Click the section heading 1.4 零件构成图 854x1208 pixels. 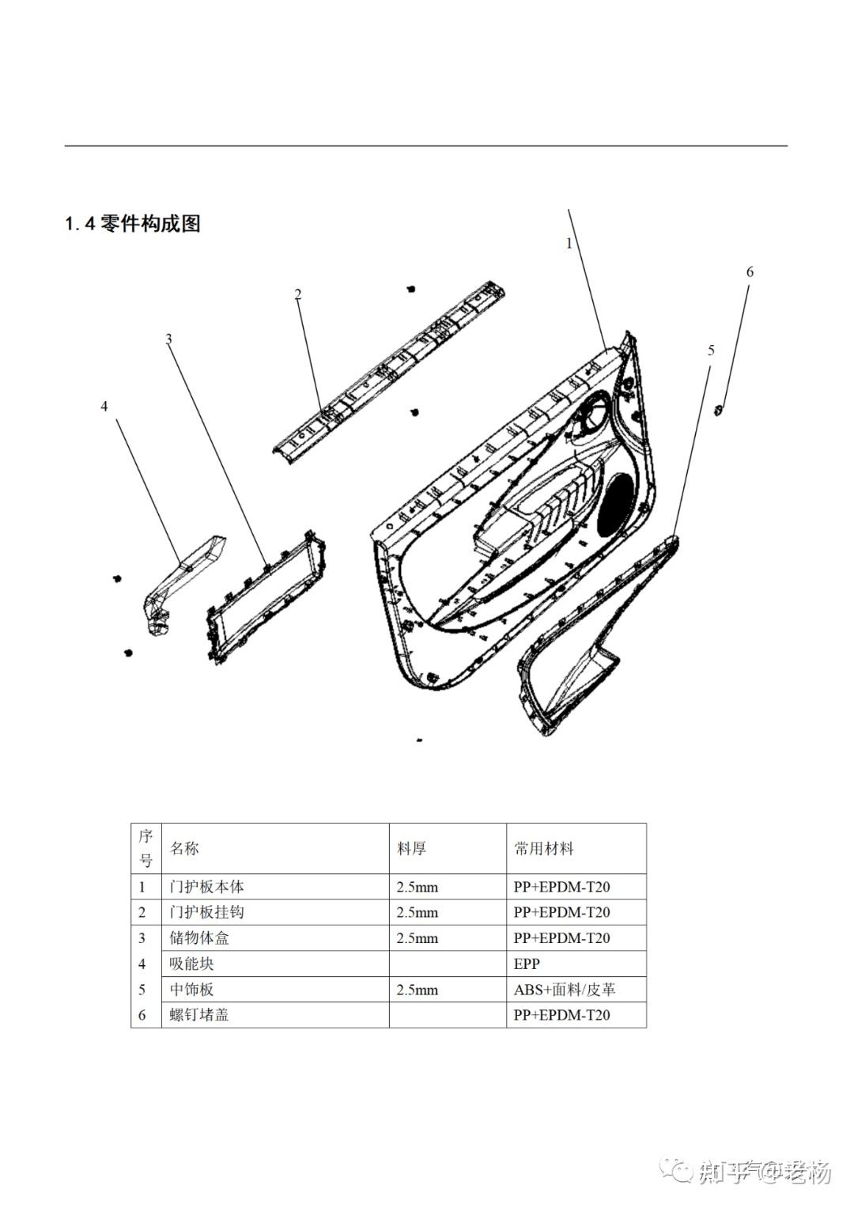pos(132,224)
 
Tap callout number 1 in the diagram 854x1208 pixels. pos(569,244)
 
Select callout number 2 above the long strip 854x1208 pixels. pos(298,295)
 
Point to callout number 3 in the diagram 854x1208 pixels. pos(168,339)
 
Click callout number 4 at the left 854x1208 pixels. pos(104,407)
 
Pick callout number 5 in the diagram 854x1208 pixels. pos(711,350)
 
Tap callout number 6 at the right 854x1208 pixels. pos(750,272)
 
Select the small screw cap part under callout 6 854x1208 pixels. pos(718,410)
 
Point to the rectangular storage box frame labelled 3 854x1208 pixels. pos(265,594)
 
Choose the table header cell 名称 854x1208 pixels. pos(185,849)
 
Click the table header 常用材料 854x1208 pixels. pos(544,849)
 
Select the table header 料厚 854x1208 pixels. pos(411,849)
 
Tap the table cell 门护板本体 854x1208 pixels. pos(207,887)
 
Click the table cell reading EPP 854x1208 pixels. pos(527,964)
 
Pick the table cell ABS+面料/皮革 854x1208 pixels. pos(565,990)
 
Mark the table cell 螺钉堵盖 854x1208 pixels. pos(199,1015)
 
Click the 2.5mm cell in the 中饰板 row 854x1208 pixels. pos(417,990)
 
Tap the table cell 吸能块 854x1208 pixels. pos(192,964)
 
